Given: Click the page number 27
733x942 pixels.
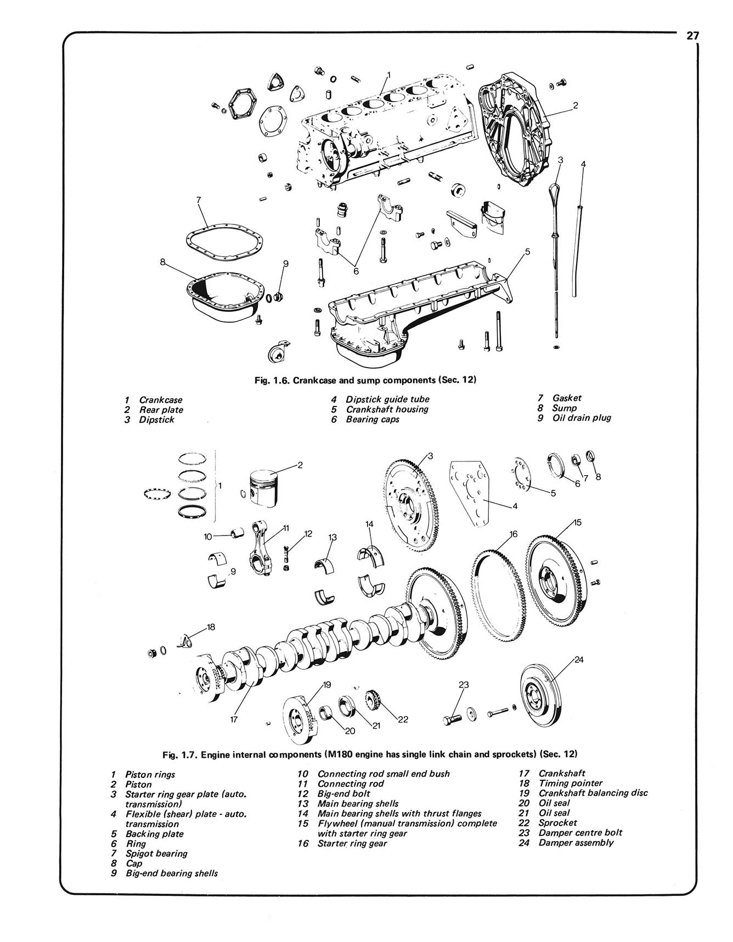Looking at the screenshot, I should click(692, 36).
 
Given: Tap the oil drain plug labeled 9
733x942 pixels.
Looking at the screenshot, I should click(278, 297).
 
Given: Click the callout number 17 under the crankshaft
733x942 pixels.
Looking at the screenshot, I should click(234, 720).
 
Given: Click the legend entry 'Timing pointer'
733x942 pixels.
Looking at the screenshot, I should click(570, 783).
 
